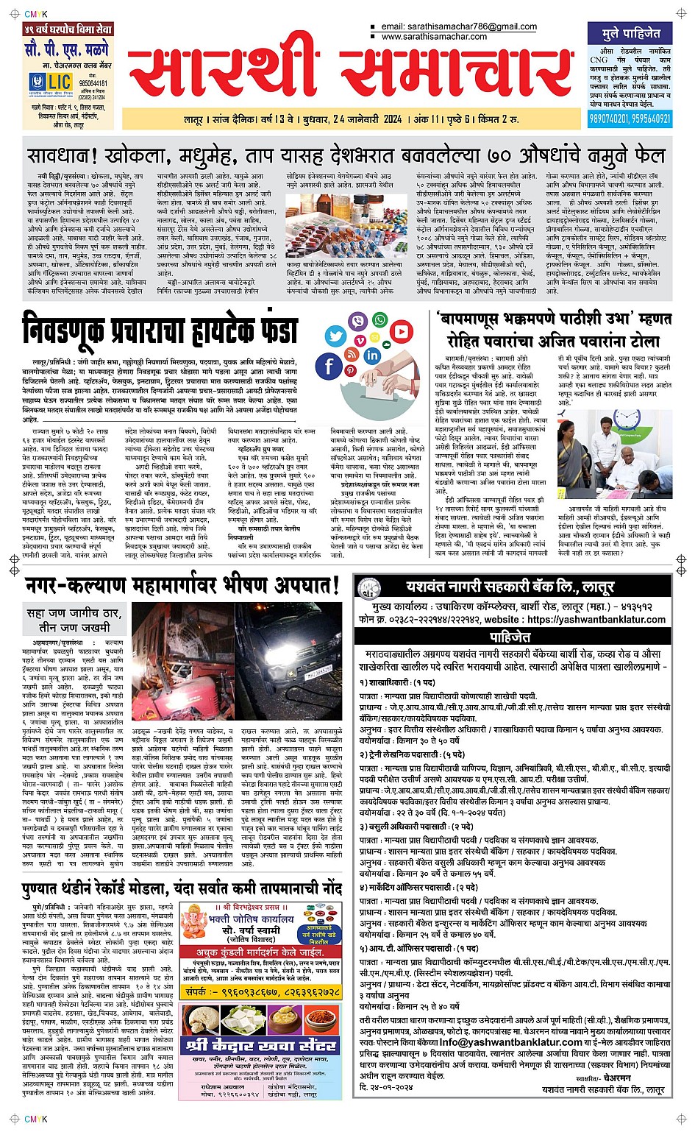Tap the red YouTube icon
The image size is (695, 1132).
402,333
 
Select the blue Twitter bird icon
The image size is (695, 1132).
335,336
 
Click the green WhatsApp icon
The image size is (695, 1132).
380,319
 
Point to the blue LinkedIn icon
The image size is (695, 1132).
372,355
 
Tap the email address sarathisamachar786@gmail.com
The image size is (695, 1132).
459,26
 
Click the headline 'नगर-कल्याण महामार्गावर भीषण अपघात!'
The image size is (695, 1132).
182,585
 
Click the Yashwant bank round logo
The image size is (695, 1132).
368,587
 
